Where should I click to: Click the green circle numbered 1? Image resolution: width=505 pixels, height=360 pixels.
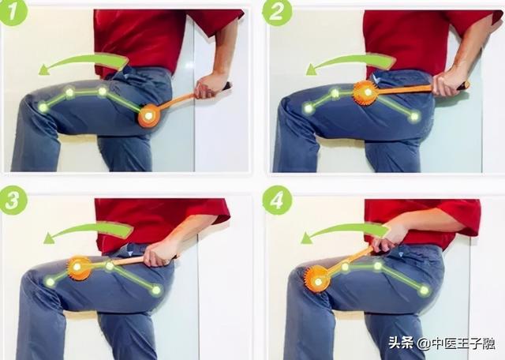coord(13,12)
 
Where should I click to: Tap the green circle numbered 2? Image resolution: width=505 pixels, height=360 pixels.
coord(277,12)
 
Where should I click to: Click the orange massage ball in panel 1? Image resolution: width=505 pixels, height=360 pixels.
coord(149,116)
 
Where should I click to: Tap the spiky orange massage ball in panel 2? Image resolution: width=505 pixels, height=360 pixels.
coord(366,93)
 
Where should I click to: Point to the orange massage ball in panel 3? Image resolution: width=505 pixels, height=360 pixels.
coord(78,268)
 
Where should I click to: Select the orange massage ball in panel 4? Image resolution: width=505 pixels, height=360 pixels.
coord(317,279)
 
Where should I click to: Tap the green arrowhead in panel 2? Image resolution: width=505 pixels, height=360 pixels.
coord(312,69)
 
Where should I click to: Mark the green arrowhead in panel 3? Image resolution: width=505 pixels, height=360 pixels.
coord(49,238)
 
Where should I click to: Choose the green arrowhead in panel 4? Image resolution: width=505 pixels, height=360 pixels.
coord(307,238)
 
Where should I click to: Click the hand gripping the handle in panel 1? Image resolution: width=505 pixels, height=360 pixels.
coord(208,86)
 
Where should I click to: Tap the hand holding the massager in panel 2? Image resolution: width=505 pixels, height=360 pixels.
coord(447,82)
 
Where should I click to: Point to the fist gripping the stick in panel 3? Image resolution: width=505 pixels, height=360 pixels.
coord(159,252)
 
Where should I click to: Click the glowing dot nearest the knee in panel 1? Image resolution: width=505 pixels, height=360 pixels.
coord(43,107)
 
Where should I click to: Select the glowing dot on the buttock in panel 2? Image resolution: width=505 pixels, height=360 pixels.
coord(415,116)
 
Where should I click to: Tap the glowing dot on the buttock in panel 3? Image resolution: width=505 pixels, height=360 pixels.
coord(156,290)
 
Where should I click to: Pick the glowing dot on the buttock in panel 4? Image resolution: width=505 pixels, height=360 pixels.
coord(425,290)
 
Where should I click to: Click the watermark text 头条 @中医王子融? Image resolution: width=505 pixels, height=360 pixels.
coord(442,343)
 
